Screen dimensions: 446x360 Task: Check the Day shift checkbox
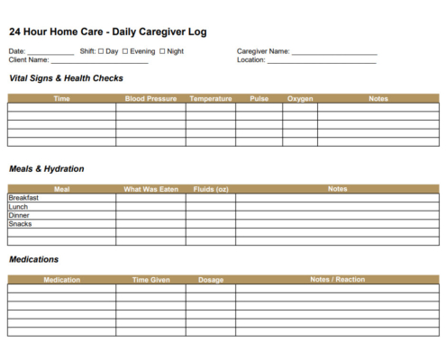coord(101,51)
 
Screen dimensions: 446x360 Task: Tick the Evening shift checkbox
coord(125,51)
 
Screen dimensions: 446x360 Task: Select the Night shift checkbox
coord(162,51)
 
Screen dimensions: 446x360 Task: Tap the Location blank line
coord(322,62)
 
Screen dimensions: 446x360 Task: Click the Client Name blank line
coord(99,62)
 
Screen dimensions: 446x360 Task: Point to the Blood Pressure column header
coord(150,99)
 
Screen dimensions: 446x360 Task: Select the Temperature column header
coord(211,99)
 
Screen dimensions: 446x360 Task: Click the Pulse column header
coord(259,99)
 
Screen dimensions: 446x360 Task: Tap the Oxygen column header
coord(300,99)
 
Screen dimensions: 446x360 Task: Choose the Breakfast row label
coord(23,198)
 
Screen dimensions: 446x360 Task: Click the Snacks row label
coord(20,224)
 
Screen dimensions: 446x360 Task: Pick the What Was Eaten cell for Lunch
coord(150,207)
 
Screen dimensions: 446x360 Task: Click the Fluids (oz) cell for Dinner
coord(211,215)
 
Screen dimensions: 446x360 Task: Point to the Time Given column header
coord(150,280)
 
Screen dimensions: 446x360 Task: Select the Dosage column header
coord(211,280)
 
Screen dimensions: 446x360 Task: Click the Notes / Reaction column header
coord(338,280)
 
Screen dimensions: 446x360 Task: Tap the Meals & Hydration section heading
coord(46,168)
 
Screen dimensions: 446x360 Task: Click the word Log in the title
coord(197,31)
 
